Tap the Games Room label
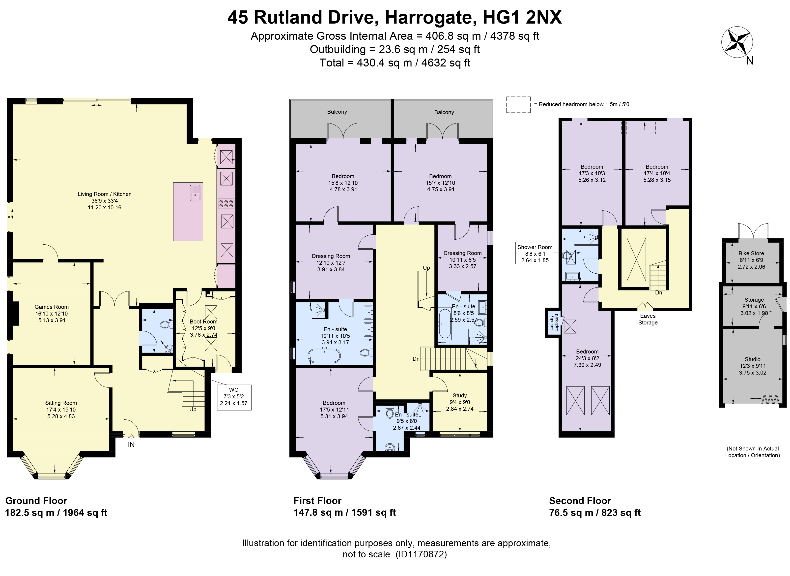[x=52, y=307]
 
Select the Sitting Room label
[x=61, y=403]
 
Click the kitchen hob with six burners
[x=226, y=204]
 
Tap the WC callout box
[x=234, y=397]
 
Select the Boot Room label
[x=203, y=321]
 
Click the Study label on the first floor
[x=460, y=395]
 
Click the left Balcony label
[x=337, y=112]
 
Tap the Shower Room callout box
[x=535, y=254]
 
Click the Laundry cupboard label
[x=554, y=322]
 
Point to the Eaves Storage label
[x=648, y=319]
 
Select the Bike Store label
[x=751, y=254]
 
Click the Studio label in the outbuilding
[x=753, y=359]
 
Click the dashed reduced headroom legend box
[x=519, y=105]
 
